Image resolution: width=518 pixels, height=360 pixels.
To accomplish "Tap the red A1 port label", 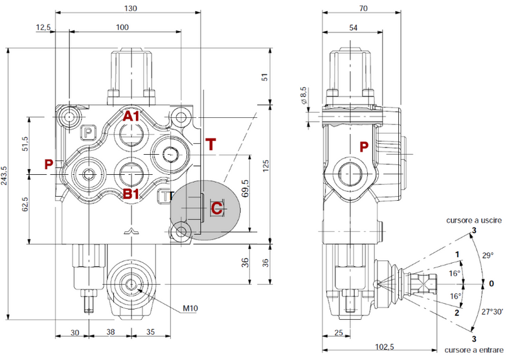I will (x=132, y=117).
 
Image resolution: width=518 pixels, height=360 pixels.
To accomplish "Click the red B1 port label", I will (x=132, y=193).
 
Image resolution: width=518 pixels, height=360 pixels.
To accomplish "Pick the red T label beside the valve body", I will (x=210, y=144).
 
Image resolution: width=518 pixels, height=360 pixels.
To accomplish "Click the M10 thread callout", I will (x=190, y=308).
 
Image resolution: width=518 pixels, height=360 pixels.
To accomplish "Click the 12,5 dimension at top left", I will (x=43, y=27).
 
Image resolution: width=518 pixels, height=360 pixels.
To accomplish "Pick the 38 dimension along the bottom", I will (x=110, y=333).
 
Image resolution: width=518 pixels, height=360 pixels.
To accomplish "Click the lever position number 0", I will (x=491, y=283).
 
